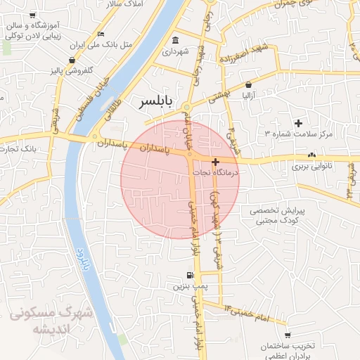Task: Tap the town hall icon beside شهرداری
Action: pyautogui.click(x=175, y=39)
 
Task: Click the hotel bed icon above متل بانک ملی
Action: pyautogui.click(x=101, y=33)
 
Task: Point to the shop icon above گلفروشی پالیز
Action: pyautogui.click(x=72, y=60)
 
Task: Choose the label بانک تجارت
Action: pyautogui.click(x=18, y=149)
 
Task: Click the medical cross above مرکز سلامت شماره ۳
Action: pyautogui.click(x=298, y=123)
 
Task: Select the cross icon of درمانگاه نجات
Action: pyautogui.click(x=215, y=162)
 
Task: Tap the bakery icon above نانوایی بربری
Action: pyautogui.click(x=311, y=155)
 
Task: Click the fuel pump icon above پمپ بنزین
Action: pyautogui.click(x=189, y=275)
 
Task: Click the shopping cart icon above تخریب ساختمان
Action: pyautogui.click(x=287, y=335)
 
